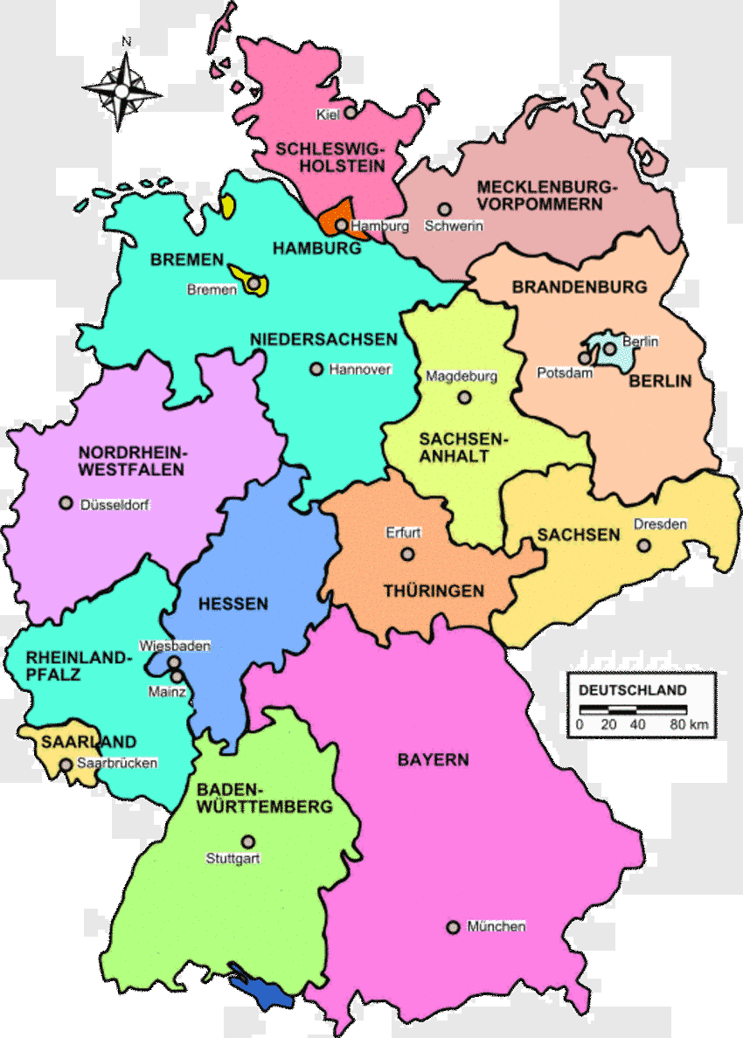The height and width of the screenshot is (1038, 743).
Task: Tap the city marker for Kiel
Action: (350, 113)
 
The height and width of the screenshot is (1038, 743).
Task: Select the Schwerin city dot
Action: (445, 210)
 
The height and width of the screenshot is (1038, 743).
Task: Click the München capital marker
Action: (453, 927)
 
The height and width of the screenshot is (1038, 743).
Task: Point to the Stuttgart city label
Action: (233, 858)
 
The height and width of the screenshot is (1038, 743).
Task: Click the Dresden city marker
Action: (643, 545)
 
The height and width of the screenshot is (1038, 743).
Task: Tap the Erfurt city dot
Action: (407, 553)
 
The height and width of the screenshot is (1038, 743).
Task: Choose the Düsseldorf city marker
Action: (65, 503)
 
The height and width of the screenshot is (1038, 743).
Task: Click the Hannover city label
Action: (360, 370)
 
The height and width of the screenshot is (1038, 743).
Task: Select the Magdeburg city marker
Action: (465, 398)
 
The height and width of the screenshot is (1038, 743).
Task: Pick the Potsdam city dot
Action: (585, 357)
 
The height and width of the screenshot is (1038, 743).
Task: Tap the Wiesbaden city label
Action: (175, 647)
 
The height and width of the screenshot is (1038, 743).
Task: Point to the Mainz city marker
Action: (176, 676)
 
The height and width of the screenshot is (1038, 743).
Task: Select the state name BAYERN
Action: (433, 759)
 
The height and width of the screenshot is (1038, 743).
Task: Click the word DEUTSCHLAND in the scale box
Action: (633, 689)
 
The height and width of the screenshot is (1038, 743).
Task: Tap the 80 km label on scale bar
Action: (689, 724)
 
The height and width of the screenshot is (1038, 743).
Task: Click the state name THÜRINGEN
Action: (434, 592)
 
